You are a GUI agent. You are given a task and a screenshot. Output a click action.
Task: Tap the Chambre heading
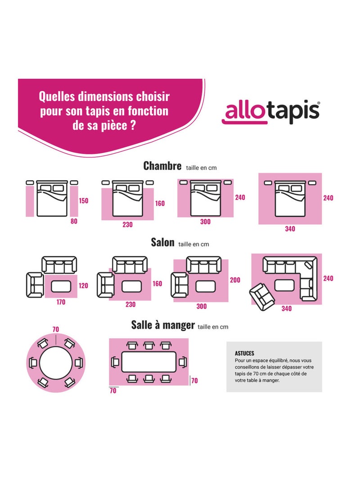pyautogui.click(x=162, y=166)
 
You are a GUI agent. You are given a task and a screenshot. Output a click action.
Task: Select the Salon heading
pyautogui.click(x=162, y=242)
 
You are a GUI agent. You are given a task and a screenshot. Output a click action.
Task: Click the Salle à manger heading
pyautogui.click(x=163, y=325)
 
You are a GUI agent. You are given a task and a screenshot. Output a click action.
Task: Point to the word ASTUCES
pyautogui.click(x=244, y=354)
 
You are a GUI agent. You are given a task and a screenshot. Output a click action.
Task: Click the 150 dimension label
pyautogui.click(x=84, y=201)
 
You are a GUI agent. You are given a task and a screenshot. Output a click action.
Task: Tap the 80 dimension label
pyautogui.click(x=74, y=221)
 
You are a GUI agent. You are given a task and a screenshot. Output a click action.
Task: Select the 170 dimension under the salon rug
pyautogui.click(x=60, y=302)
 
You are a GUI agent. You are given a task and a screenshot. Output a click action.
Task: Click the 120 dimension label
pyautogui.click(x=84, y=285)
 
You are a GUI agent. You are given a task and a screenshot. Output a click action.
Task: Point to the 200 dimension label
pyautogui.click(x=235, y=280)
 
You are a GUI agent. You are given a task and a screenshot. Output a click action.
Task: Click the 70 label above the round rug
pyautogui.click(x=55, y=330)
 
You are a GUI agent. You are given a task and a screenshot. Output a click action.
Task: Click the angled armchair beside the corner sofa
pyautogui.click(x=261, y=296)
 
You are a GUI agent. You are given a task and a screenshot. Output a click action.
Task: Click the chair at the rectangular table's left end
pyautogui.click(x=115, y=362)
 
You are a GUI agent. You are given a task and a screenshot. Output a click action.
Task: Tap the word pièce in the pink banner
pyautogui.click(x=112, y=124)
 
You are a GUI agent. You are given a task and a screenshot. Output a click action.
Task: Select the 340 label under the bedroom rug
pyautogui.click(x=290, y=229)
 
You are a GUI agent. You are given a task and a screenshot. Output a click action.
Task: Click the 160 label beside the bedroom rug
pyautogui.click(x=160, y=203)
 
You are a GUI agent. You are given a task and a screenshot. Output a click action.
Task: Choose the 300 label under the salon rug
pyautogui.click(x=202, y=306)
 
